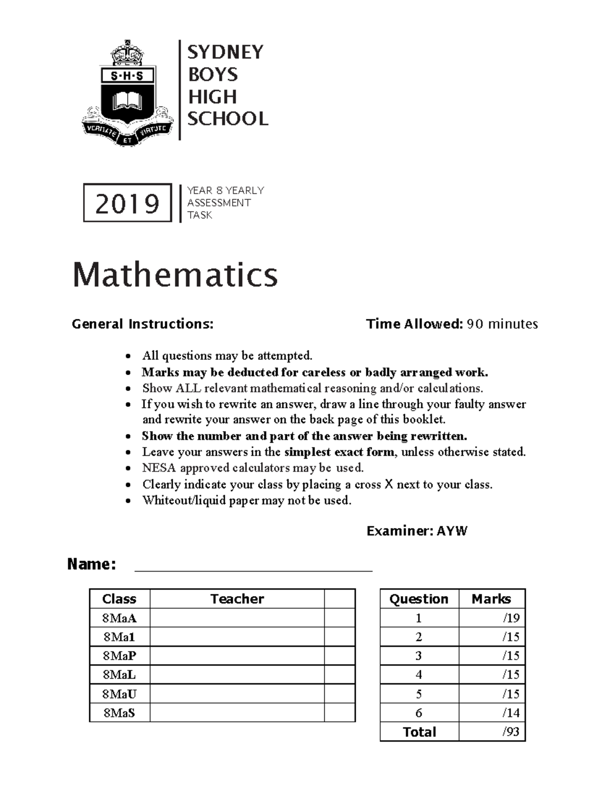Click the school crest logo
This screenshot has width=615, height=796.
click(127, 93)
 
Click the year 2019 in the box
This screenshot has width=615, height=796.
click(127, 203)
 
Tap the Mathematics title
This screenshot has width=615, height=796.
click(175, 274)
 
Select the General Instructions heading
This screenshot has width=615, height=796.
click(142, 324)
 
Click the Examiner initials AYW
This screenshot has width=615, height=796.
click(452, 531)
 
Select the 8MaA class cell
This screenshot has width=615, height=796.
click(119, 618)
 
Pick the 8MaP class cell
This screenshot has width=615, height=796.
click(119, 656)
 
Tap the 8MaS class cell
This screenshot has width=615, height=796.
click(119, 712)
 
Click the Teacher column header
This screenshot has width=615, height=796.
click(237, 599)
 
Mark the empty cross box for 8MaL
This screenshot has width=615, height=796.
click(339, 675)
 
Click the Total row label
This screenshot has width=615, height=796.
click(419, 731)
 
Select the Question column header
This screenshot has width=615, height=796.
click(419, 599)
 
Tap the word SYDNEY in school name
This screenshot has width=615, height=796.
click(225, 52)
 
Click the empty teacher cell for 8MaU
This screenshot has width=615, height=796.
click(237, 693)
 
